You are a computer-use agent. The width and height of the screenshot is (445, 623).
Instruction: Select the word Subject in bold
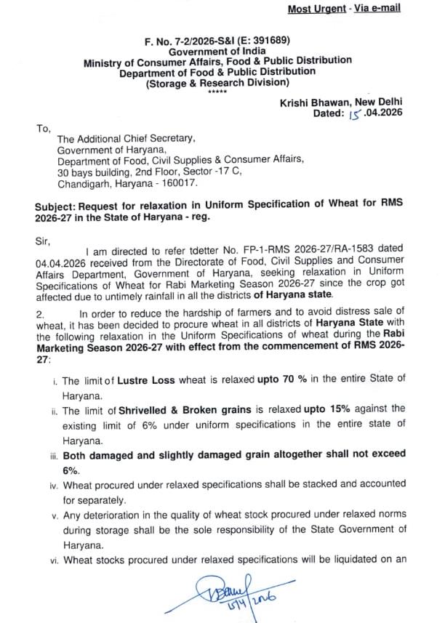57,206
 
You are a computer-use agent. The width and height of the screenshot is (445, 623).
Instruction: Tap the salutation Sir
42,237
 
